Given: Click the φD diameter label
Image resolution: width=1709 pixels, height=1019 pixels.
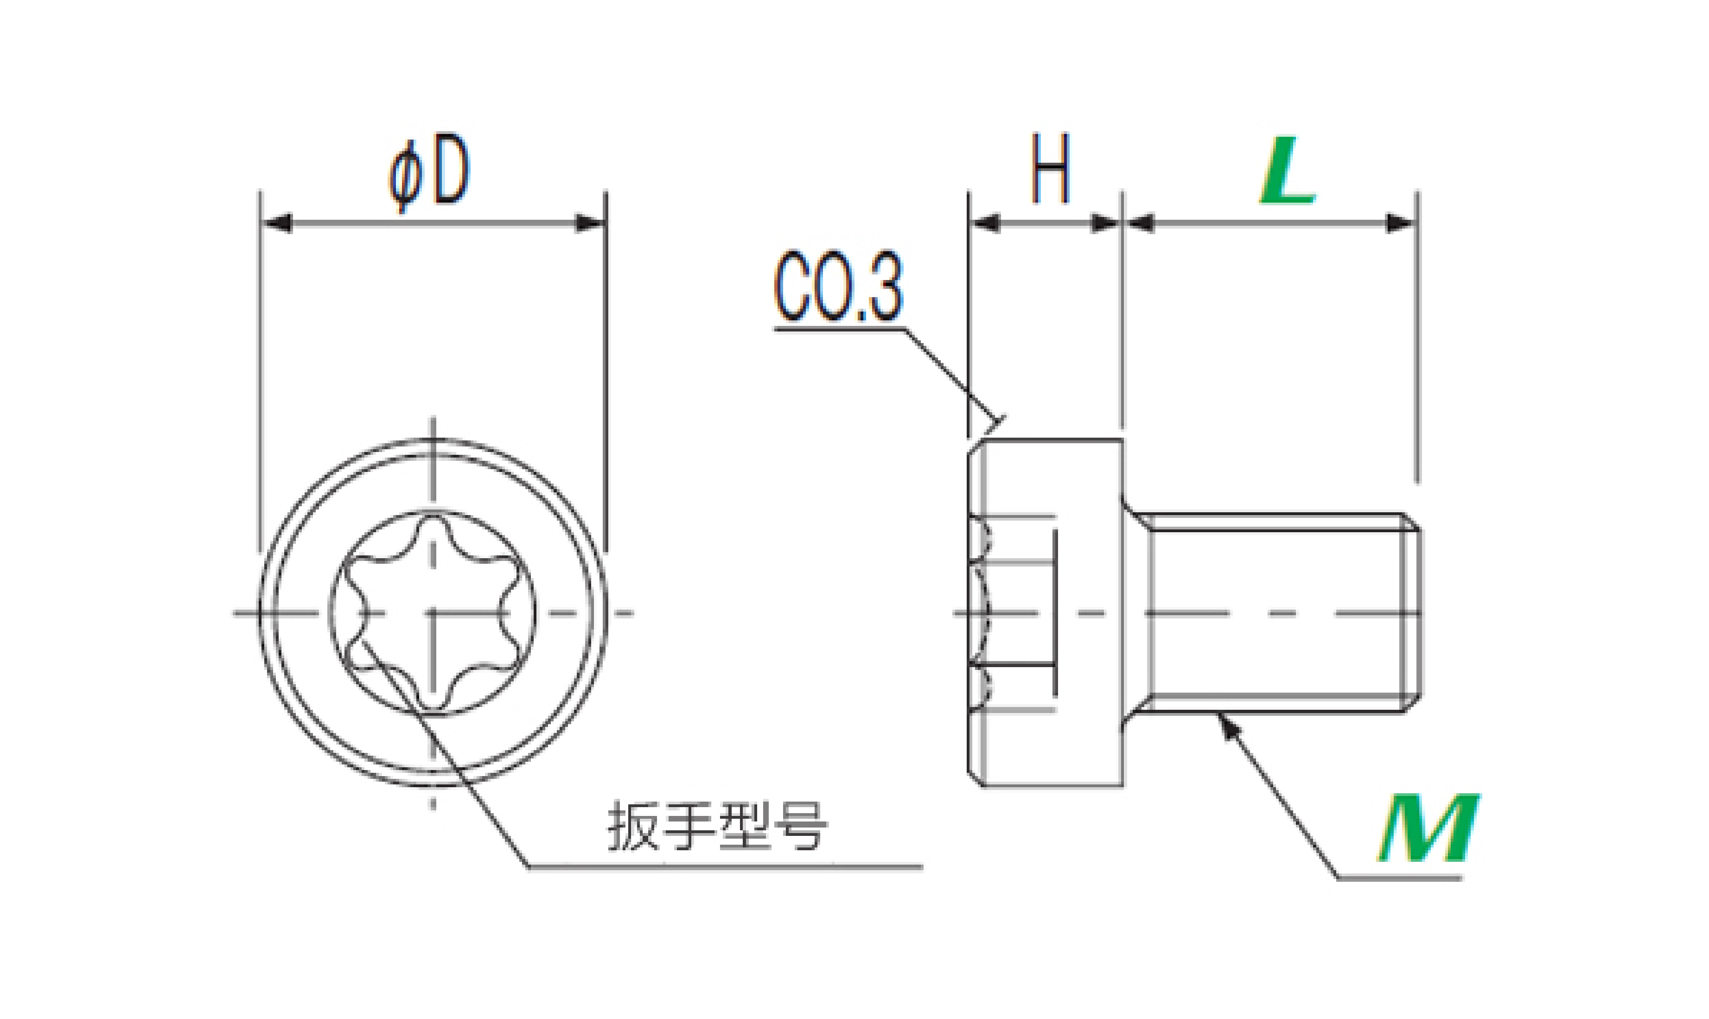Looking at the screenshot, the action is coord(429,172).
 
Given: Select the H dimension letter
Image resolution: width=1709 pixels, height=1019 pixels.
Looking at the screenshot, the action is coord(1051,169).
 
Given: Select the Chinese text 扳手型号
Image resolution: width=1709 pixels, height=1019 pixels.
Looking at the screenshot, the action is coord(718,826).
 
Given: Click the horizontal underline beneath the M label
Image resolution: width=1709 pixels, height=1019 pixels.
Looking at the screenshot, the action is coord(1399,878).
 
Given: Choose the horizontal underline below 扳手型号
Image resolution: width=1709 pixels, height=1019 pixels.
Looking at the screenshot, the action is coord(726,867).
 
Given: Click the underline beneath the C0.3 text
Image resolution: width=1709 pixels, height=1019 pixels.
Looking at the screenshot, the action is coord(839,329).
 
